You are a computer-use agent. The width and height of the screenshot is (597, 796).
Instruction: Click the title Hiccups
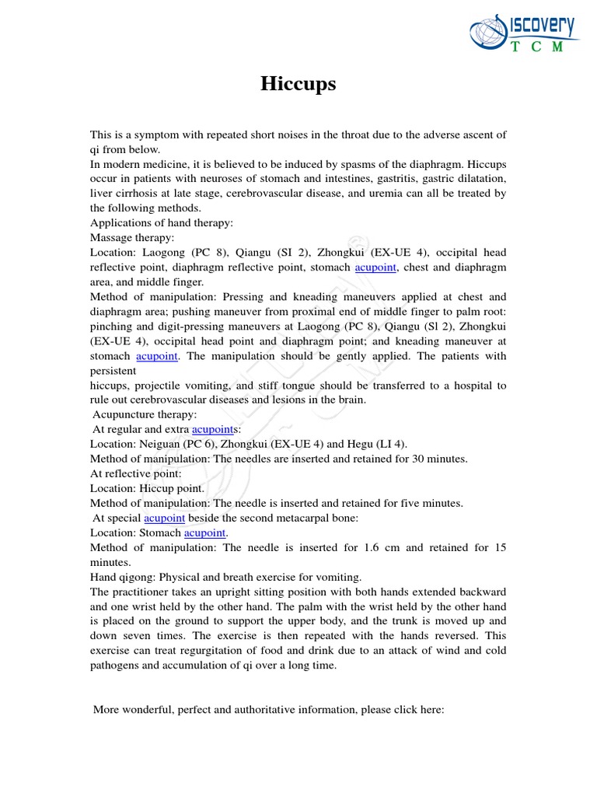(298, 84)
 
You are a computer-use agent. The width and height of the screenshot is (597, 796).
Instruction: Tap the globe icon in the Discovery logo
(488, 33)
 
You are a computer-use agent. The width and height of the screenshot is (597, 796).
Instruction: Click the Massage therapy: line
(132, 238)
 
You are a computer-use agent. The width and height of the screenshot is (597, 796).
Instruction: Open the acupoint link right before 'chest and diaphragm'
(376, 267)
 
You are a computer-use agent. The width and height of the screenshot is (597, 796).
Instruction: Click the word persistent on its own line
(113, 371)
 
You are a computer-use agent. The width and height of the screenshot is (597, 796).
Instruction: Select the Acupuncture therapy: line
(145, 415)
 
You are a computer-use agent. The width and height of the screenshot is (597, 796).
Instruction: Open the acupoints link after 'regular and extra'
(216, 430)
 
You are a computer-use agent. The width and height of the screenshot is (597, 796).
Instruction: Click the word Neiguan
(159, 445)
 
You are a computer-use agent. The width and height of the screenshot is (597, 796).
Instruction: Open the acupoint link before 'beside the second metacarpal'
(164, 518)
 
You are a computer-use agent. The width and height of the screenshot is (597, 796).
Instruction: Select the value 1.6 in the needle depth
(372, 548)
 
